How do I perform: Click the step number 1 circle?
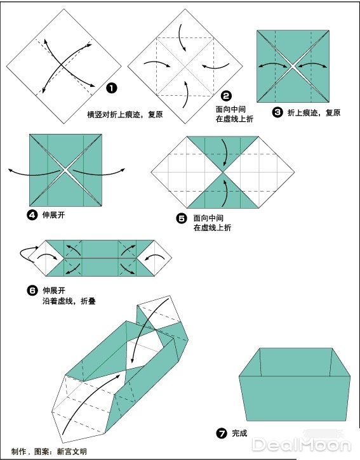[x=111, y=88]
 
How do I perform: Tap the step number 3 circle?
[x=277, y=112]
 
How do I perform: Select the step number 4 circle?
[x=32, y=215]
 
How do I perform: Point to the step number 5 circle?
[x=182, y=218]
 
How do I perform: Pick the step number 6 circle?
[x=32, y=291]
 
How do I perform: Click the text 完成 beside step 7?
[x=239, y=434]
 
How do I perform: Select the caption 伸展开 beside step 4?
[x=53, y=215]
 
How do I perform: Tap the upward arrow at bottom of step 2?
[x=186, y=94]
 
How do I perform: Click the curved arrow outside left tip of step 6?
[x=25, y=254]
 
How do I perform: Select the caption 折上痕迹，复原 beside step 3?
[x=314, y=112]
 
